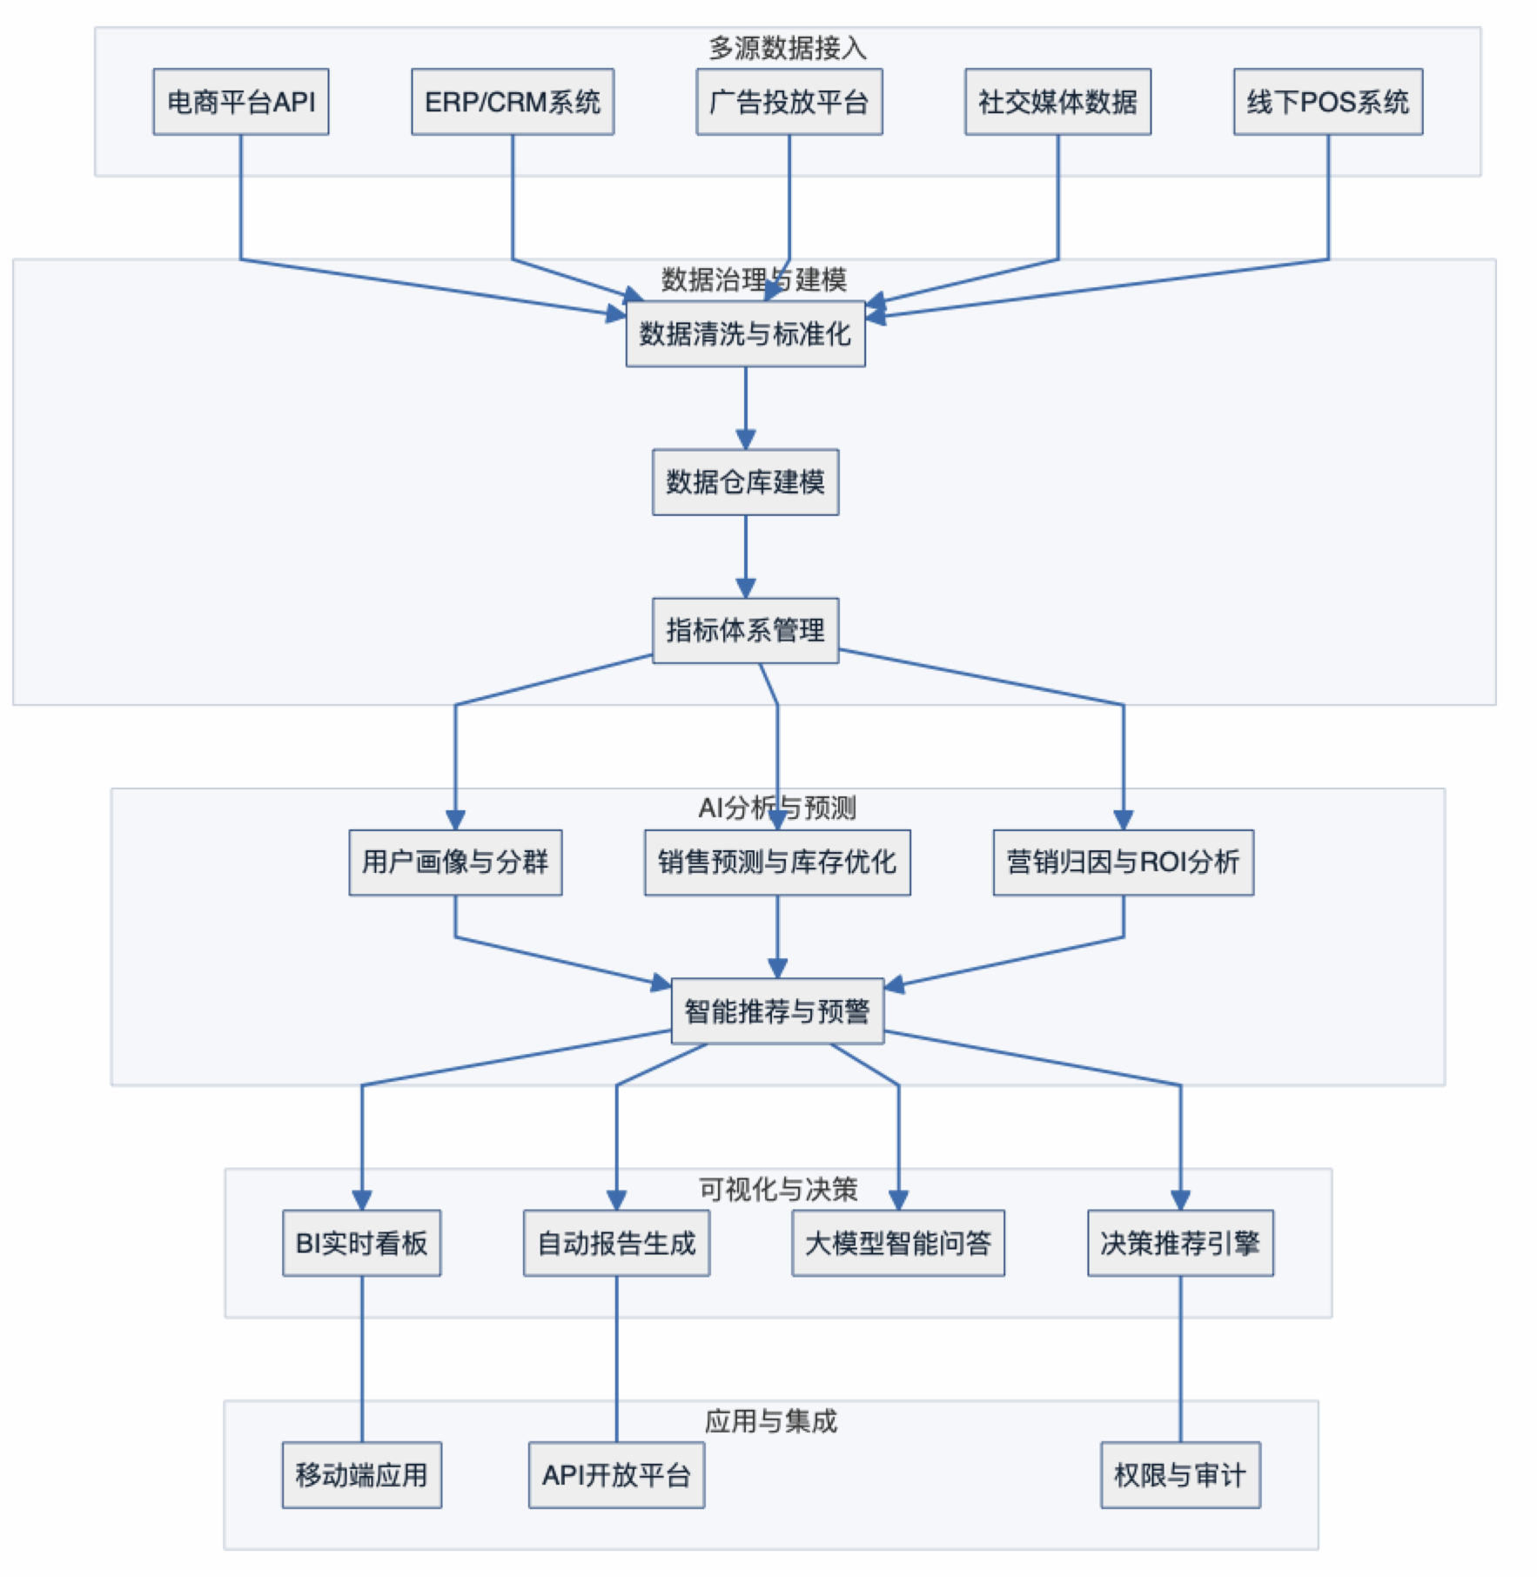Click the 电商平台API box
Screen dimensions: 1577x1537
tap(240, 102)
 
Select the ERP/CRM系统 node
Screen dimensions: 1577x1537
tap(512, 102)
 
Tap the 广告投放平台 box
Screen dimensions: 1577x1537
tap(789, 102)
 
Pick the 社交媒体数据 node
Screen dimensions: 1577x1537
tap(1057, 102)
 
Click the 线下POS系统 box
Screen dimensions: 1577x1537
tap(1327, 102)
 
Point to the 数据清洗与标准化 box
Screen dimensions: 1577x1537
tap(745, 333)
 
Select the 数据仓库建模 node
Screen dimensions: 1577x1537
tap(745, 482)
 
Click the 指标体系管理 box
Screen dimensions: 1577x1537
tap(745, 630)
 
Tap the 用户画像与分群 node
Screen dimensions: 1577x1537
tap(455, 862)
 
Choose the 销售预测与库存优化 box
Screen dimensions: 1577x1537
tap(777, 862)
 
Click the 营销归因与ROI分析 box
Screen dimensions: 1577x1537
tap(1123, 862)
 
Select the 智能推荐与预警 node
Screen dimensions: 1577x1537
tap(777, 1011)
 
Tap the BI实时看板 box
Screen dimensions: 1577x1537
tap(361, 1243)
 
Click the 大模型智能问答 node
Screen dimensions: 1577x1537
tap(897, 1243)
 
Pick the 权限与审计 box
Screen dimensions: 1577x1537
tap(1180, 1475)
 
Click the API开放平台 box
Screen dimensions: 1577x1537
tap(616, 1475)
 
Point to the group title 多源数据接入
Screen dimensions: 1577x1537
tap(788, 48)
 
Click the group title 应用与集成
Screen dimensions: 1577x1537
tap(771, 1421)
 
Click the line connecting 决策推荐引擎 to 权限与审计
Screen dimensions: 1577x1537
tap(1180, 1358)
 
